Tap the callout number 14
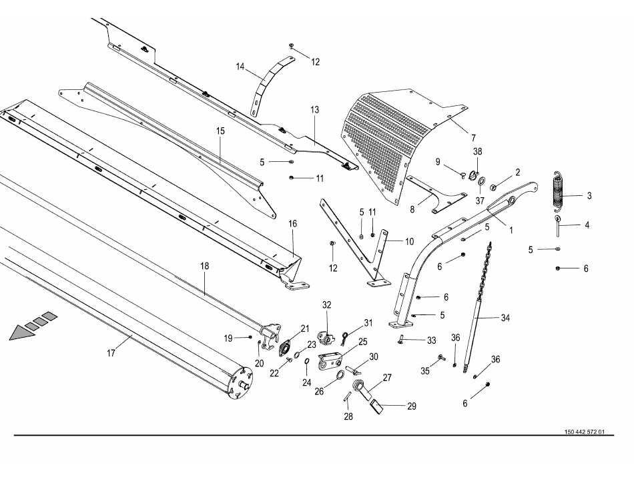tap(241, 67)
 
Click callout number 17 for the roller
tap(111, 353)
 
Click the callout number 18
tap(205, 266)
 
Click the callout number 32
tap(327, 304)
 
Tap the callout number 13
tap(315, 108)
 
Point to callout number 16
tap(292, 224)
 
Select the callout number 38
tap(477, 151)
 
